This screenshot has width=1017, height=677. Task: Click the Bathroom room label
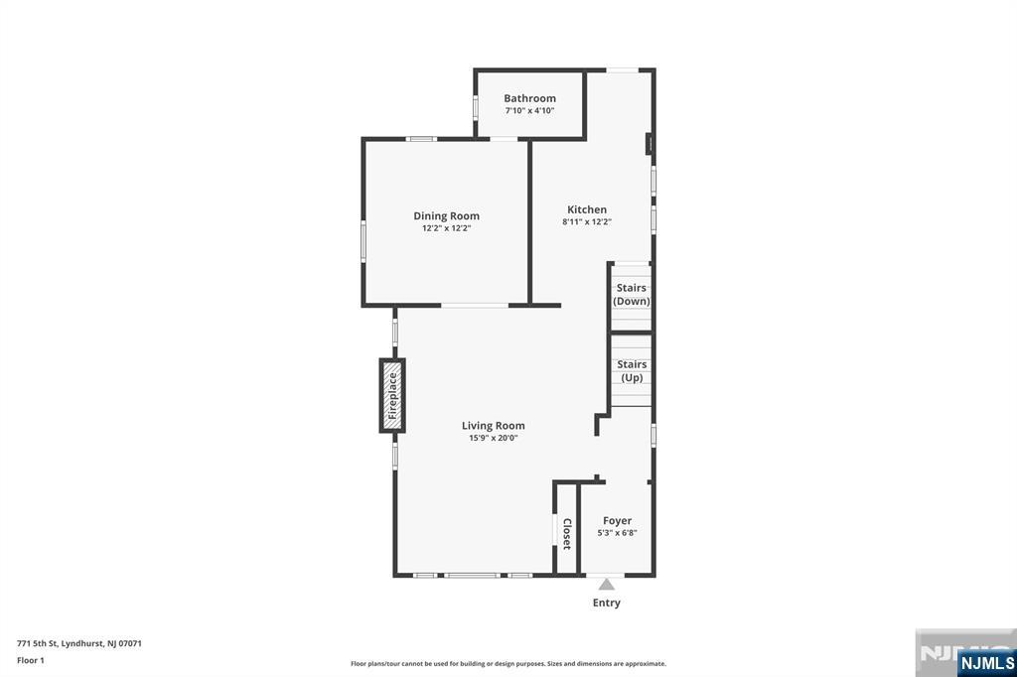(529, 98)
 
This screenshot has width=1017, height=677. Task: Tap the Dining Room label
(446, 216)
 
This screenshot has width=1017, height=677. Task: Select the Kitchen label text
(587, 209)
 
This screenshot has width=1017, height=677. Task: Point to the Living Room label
(493, 426)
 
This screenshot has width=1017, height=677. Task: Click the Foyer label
(617, 521)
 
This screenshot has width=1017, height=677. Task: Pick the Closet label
(567, 534)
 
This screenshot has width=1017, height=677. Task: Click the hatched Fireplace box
(392, 395)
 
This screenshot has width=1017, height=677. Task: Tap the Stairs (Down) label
(631, 295)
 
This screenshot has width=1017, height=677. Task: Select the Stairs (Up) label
(632, 371)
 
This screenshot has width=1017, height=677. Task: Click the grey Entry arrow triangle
(607, 585)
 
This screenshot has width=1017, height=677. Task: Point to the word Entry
(607, 604)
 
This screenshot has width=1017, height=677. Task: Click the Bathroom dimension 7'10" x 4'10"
(529, 111)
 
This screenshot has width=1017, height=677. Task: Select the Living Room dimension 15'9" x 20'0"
(493, 439)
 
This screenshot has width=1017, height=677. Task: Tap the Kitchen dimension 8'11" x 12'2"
(587, 221)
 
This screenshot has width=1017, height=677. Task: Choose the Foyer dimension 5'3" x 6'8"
(617, 533)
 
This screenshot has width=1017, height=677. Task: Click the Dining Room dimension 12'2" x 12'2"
(446, 228)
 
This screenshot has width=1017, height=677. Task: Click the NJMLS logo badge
(986, 662)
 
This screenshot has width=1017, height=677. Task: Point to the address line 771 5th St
(79, 643)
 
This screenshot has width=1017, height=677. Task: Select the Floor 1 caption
(31, 660)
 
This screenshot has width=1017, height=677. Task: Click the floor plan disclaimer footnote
(508, 664)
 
